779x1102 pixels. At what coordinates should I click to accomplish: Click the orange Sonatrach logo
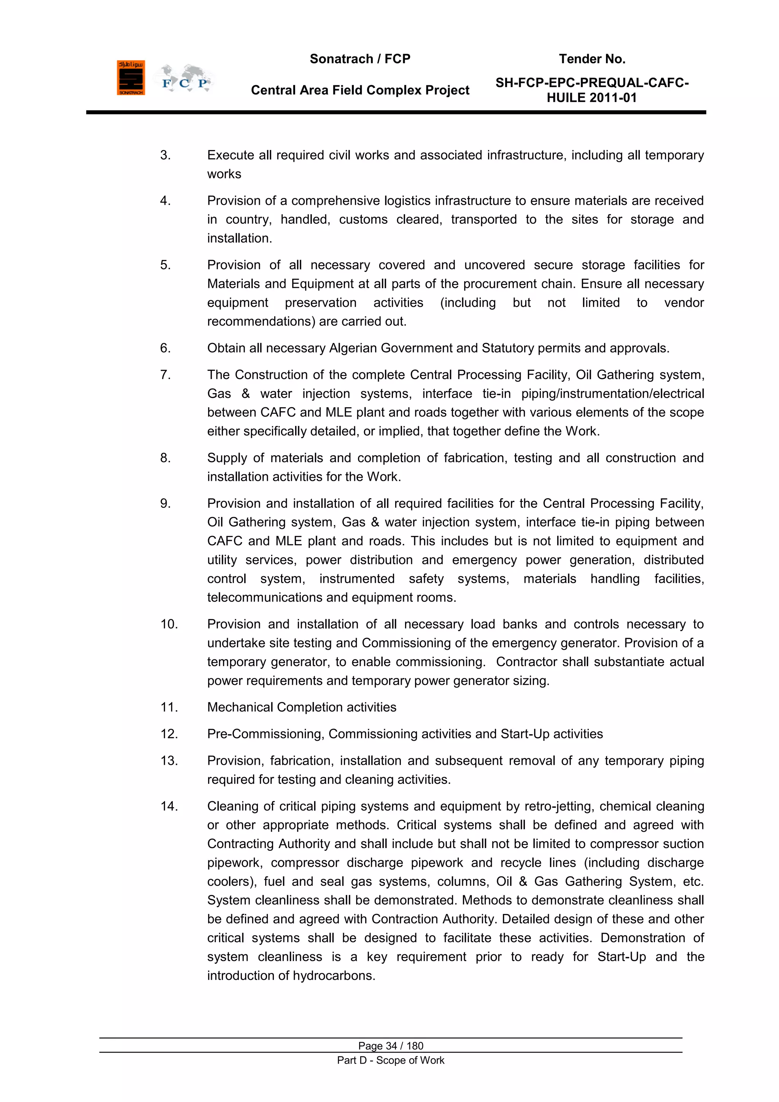[130, 78]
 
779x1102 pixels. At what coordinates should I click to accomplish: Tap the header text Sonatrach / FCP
[360, 59]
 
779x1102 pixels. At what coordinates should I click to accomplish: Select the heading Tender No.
[592, 59]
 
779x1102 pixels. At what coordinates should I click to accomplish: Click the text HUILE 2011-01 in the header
[591, 98]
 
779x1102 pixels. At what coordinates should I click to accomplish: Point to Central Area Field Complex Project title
[360, 90]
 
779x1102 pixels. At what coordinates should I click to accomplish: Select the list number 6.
[165, 348]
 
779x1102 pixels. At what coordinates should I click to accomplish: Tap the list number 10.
[169, 624]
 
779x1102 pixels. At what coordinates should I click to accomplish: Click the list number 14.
[169, 806]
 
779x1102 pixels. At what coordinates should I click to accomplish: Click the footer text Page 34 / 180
[391, 1046]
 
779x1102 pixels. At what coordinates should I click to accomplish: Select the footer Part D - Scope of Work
[391, 1060]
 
